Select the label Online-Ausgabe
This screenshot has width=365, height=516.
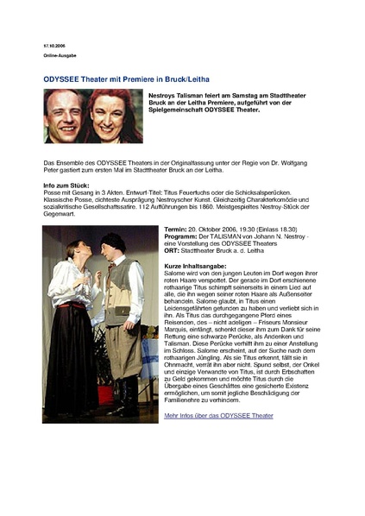point(60,55)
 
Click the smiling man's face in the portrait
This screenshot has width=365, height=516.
point(70,113)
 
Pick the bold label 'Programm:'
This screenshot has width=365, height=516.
point(182,236)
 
